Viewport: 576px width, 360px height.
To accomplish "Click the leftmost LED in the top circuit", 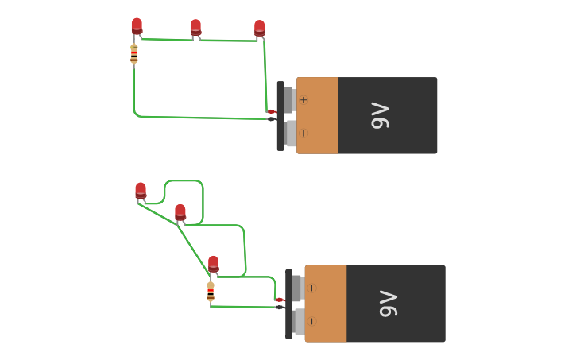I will pos(137,26).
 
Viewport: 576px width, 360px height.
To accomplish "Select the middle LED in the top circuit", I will pos(195,28).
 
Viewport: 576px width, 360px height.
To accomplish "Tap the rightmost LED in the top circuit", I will pos(259,29).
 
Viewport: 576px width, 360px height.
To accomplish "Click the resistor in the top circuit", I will pos(133,54).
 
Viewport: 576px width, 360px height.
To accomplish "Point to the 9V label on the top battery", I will pos(381,115).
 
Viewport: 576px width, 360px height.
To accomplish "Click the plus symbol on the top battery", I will pos(303,99).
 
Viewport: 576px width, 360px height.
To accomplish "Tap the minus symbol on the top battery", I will pos(303,133).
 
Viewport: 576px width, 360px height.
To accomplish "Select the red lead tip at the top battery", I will pos(271,111).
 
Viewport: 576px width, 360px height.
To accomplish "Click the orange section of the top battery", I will pos(318,115).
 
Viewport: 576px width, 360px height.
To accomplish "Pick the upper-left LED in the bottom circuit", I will pos(141,191).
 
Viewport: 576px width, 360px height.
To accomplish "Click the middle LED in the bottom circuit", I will pos(180,212).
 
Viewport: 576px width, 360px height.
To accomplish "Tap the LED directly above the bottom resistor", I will pos(213,264).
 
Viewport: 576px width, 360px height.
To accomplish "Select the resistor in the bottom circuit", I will pos(211,291).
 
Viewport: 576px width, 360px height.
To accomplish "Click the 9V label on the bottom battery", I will pos(389,304).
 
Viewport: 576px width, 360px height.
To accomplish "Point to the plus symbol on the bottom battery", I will pos(311,288).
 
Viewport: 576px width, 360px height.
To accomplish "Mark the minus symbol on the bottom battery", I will pos(311,321).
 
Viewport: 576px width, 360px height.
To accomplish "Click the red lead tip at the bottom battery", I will pos(280,300).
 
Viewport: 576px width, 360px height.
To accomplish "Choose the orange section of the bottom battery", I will pos(326,304).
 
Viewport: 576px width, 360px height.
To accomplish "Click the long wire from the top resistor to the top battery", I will pos(199,118).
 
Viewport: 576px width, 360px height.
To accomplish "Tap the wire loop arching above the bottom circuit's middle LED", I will pos(184,181).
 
